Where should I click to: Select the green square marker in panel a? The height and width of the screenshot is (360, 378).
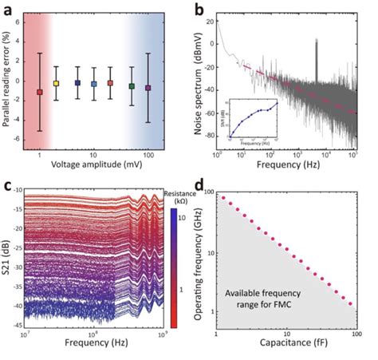click(x=132, y=85)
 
